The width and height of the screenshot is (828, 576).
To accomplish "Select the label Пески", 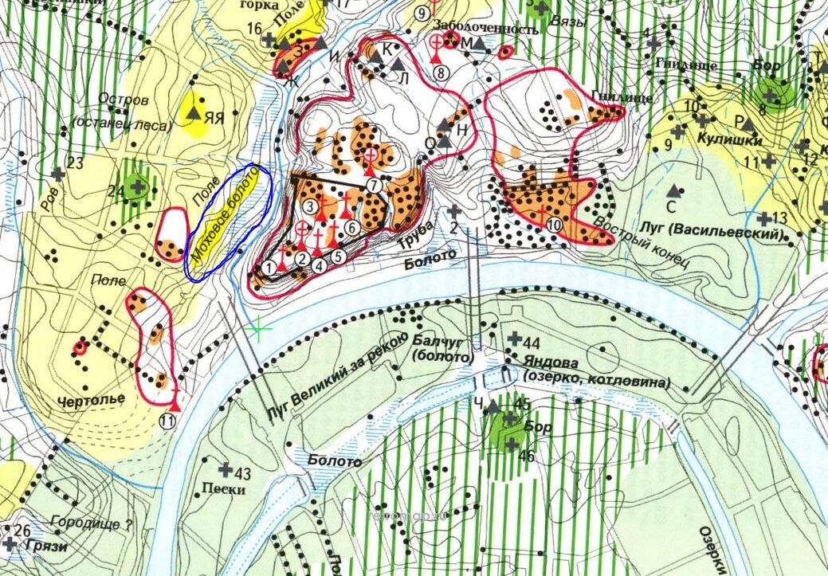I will pos(224,489).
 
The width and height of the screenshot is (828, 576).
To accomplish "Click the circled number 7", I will pos(375,184).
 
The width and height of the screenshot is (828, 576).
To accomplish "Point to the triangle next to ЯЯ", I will pos(193,113).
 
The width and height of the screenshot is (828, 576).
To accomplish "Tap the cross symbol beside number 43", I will pos(225,470).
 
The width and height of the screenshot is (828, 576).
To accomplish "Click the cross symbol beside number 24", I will pos(138,187).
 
